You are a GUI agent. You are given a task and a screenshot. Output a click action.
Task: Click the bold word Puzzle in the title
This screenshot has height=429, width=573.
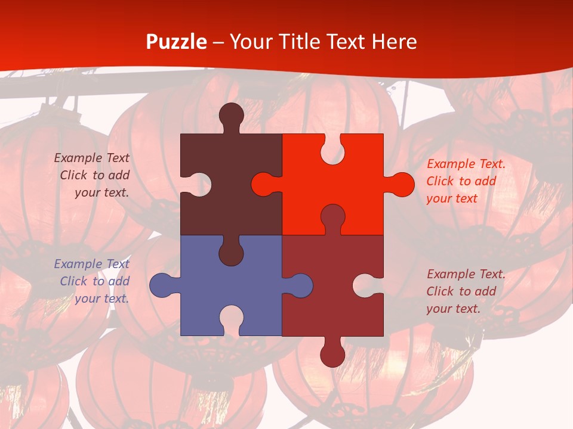click(x=177, y=42)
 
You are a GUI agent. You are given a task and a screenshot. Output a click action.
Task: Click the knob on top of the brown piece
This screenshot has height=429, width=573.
click(x=232, y=115)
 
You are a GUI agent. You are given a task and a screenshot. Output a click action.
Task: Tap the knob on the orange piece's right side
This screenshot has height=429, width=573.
click(x=401, y=184)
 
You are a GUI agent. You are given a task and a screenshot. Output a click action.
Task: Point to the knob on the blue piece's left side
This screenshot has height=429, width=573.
click(x=162, y=285)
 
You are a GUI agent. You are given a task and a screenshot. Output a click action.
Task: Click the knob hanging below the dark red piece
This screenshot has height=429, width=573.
click(x=332, y=354)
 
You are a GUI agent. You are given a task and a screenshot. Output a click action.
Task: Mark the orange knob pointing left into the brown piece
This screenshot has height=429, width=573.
click(x=264, y=184)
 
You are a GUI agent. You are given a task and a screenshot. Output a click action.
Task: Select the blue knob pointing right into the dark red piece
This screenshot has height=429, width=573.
click(x=300, y=285)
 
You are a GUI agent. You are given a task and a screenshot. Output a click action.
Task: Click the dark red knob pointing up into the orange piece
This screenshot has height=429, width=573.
click(x=332, y=217)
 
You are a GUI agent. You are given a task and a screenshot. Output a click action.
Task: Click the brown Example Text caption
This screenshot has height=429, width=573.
click(x=93, y=175)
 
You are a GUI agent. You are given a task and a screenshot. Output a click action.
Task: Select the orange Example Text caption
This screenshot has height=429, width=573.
click(x=466, y=181)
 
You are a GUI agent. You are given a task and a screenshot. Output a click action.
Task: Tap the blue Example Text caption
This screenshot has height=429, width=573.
click(x=93, y=281)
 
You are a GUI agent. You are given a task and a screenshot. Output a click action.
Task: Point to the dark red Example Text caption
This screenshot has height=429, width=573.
click(x=466, y=291)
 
